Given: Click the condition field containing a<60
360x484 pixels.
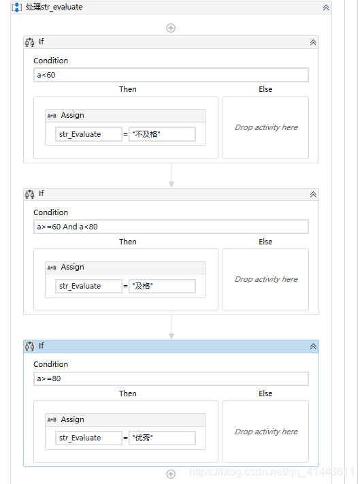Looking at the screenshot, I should pos(171,75).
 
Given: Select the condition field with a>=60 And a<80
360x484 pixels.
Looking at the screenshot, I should pos(171,227).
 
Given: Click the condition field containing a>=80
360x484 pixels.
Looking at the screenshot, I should pos(171,378).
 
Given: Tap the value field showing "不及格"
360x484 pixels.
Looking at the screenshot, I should pos(162,134).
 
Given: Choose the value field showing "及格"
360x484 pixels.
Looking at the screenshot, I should pos(162,286).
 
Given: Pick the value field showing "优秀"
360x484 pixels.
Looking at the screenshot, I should pos(162,438).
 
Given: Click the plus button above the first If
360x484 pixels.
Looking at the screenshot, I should pos(171,28).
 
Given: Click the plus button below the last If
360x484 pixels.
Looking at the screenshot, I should pos(171,474).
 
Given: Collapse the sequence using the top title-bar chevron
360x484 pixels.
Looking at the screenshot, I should pos(326,7).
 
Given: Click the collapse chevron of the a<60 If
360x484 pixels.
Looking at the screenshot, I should pos(313,42).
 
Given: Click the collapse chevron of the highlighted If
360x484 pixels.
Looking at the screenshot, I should pos(313,346).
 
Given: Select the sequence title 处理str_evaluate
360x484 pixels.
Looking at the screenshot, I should pos(54,7).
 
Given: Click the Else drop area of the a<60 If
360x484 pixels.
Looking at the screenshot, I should pos(265,127).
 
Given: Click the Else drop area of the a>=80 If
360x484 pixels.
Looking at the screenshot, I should pos(265,432).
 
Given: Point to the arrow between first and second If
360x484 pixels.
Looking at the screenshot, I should pos(171,176).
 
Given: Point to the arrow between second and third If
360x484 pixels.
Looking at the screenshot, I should pos(171,327).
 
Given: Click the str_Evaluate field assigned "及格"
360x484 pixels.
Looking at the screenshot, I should pos(88,286).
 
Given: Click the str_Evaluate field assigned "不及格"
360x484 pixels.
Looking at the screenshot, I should pos(88,134).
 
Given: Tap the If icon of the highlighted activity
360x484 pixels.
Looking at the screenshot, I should pos(30,346).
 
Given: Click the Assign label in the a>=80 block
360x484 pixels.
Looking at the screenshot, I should pos(72,419).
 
